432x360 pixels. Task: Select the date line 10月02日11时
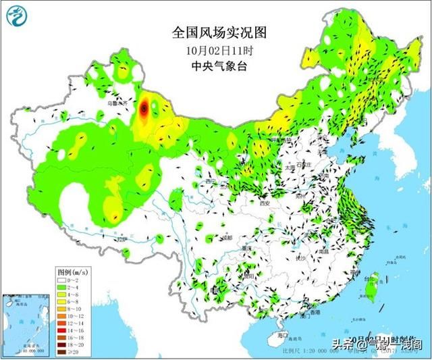point(212,51)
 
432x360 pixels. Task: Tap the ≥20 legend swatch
point(63,351)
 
